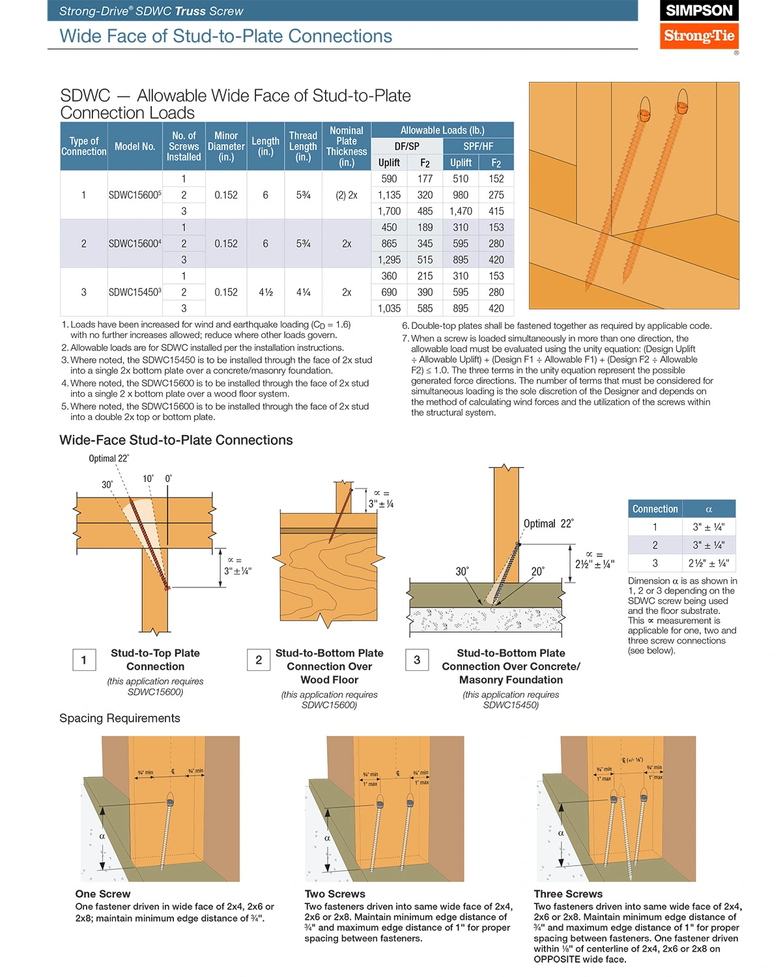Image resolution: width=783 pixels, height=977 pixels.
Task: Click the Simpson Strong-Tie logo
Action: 699,25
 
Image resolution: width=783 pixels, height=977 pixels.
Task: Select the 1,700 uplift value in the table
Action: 390,211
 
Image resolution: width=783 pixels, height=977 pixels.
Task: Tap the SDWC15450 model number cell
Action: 134,292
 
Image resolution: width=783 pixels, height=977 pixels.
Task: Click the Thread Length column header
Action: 303,147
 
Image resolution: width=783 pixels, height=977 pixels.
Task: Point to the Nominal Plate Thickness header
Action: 347,147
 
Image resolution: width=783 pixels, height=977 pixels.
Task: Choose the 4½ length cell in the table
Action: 266,292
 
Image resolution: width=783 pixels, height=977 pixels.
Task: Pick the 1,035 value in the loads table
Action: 390,309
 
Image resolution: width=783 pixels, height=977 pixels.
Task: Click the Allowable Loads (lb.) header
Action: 442,130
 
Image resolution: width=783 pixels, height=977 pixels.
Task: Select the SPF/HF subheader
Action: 478,147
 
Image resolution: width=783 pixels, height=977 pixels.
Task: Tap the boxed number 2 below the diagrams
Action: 259,660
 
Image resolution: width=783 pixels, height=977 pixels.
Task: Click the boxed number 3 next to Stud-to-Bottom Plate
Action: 417,660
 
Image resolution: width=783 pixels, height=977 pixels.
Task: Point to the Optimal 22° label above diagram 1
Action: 109,459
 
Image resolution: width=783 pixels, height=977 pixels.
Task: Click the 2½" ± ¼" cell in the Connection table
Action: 708,563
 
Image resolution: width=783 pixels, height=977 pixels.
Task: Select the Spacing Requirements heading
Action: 120,718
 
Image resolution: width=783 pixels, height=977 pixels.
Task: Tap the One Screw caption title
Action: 103,894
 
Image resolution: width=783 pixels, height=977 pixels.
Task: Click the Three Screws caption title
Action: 568,894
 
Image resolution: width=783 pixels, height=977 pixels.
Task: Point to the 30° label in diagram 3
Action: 462,571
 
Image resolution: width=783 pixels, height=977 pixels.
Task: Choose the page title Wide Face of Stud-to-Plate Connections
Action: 225,36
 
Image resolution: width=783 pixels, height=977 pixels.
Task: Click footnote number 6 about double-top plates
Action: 405,326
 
